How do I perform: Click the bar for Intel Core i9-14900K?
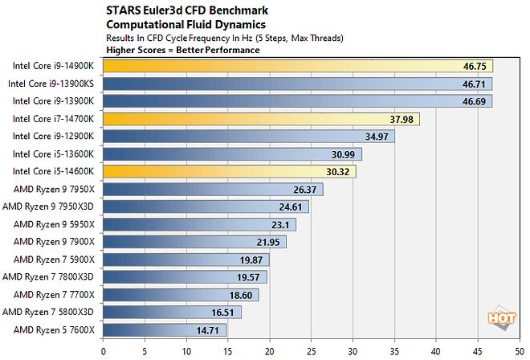[297, 65]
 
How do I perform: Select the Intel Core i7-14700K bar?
[261, 118]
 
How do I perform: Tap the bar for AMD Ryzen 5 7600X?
[165, 330]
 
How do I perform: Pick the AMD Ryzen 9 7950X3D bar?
[206, 207]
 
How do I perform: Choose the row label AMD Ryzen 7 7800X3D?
[49, 277]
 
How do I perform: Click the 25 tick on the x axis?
[311, 350]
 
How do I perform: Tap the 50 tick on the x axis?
[519, 350]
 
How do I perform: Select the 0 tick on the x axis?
[103, 350]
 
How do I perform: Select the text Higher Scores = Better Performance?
[182, 49]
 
